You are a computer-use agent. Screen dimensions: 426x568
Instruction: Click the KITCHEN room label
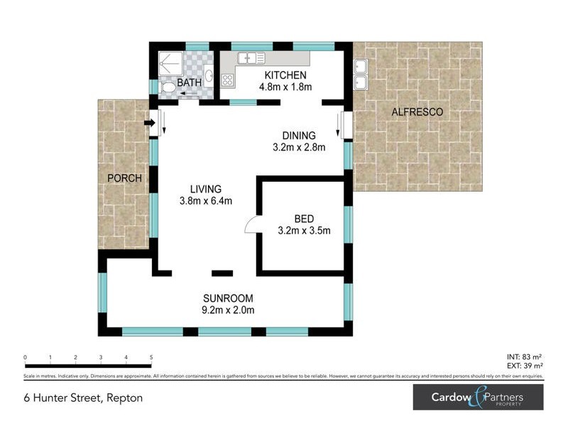285,75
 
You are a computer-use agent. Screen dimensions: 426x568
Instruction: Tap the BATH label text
190,83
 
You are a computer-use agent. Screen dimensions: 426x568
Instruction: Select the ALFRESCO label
417,112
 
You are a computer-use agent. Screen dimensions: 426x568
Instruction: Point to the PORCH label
125,177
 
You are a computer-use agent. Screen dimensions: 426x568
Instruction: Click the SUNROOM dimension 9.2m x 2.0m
227,310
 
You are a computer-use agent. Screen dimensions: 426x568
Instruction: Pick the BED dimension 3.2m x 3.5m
303,230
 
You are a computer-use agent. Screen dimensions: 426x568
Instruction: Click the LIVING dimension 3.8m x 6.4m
206,201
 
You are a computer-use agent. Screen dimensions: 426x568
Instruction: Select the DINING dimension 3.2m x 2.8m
298,148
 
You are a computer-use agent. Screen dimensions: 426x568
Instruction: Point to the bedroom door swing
251,225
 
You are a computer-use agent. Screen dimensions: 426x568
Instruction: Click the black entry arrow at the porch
149,124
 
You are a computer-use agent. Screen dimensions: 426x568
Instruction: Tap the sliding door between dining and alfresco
346,126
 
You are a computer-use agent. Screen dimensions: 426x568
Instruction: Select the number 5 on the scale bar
151,358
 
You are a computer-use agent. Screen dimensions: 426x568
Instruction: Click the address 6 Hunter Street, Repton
83,398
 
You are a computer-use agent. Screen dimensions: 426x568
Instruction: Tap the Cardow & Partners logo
478,398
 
